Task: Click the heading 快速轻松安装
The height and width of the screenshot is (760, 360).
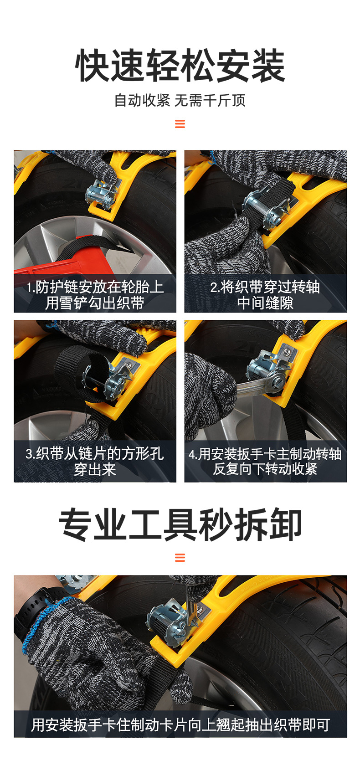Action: tap(180, 66)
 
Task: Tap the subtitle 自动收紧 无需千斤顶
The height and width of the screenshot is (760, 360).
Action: tap(180, 100)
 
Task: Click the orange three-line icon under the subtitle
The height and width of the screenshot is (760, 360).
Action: tap(180, 124)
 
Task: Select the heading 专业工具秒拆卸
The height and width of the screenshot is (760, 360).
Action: tap(180, 524)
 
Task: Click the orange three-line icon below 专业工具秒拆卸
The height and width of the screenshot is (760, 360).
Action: tap(180, 557)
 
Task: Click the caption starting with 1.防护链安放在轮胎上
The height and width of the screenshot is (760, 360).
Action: tap(95, 294)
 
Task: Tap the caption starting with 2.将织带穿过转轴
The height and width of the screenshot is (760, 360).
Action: tap(265, 294)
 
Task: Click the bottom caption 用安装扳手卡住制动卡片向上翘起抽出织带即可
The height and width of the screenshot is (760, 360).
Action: tap(180, 725)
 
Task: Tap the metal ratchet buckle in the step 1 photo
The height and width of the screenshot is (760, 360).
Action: tap(101, 192)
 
